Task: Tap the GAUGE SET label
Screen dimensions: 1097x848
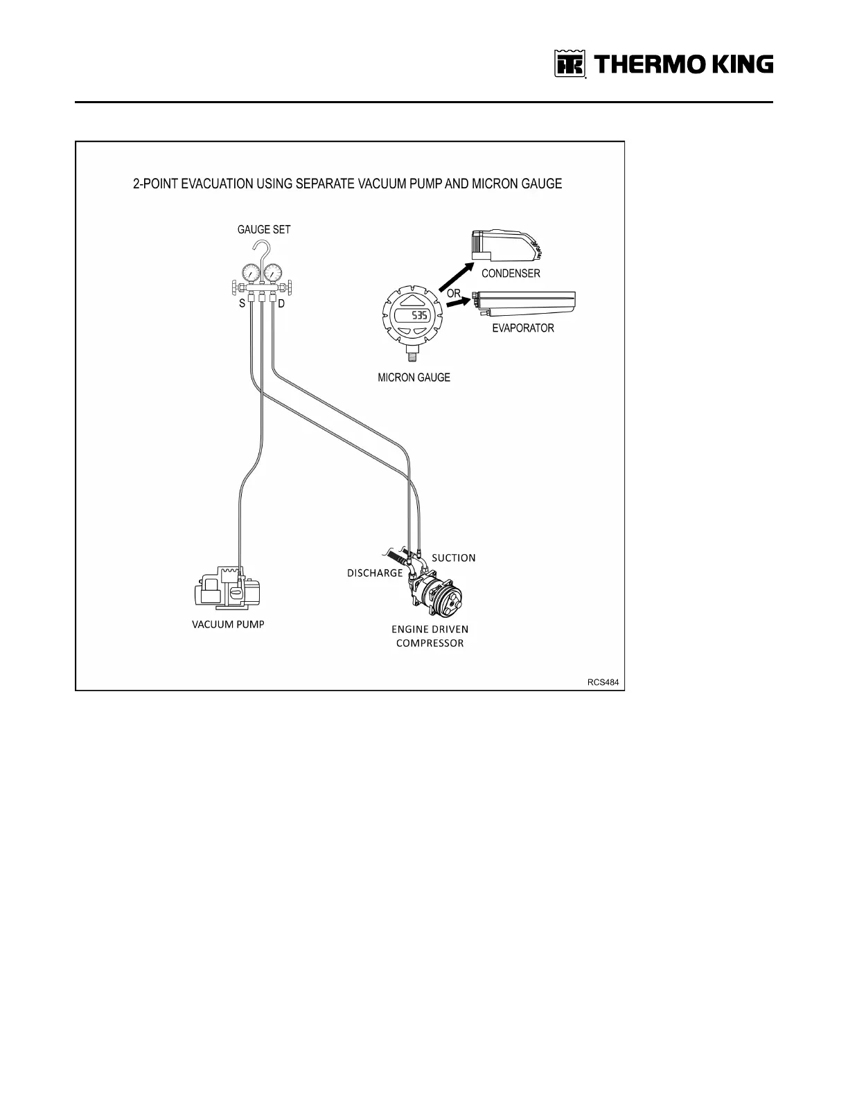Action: (x=263, y=230)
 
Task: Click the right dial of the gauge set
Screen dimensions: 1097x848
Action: (x=276, y=274)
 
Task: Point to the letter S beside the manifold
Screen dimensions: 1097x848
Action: (x=242, y=303)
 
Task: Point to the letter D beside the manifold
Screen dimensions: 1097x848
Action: (x=281, y=303)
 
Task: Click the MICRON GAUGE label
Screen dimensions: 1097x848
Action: (x=414, y=377)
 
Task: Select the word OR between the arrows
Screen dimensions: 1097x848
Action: (x=454, y=294)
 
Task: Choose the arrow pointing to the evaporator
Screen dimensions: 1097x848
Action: (x=457, y=304)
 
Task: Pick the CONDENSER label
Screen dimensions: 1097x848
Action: (x=511, y=274)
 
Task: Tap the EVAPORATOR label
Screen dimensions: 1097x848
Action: (x=522, y=328)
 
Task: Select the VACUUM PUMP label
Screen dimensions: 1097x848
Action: (x=228, y=624)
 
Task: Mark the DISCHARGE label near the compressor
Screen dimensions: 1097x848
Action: (x=375, y=573)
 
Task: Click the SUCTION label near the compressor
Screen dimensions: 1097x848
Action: (x=453, y=558)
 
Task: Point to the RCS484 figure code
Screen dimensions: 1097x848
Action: (x=603, y=682)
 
